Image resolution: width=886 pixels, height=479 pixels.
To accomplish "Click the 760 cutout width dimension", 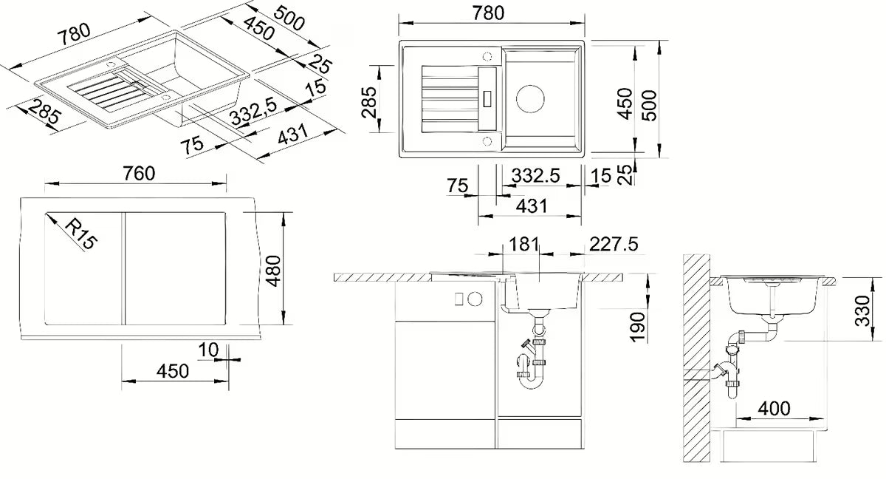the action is click(x=139, y=174).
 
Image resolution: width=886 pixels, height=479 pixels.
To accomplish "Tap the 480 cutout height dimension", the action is click(x=273, y=271).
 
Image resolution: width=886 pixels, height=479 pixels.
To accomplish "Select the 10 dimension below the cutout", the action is click(x=208, y=350).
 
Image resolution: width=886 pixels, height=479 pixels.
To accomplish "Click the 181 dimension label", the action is click(x=524, y=244).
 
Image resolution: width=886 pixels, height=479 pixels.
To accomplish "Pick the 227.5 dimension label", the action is click(x=614, y=244).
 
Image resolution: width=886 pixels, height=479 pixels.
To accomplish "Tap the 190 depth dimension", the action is click(x=638, y=327).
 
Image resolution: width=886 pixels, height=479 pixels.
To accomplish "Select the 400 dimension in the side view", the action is click(x=774, y=408).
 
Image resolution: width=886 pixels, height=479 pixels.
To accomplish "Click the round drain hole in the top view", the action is click(x=530, y=99).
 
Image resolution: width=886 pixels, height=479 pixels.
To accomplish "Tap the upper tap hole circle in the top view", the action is click(x=487, y=56).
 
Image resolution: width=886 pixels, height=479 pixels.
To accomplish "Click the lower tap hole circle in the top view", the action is click(x=487, y=141).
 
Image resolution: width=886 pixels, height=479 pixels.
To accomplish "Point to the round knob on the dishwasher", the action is click(x=475, y=299).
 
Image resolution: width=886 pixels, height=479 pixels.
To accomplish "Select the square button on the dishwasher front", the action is click(x=459, y=299).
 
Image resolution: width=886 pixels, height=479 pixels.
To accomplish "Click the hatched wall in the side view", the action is click(x=696, y=359).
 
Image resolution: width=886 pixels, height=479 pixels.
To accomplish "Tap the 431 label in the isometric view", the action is click(x=292, y=135).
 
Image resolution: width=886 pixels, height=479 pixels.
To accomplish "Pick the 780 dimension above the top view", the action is click(x=488, y=13).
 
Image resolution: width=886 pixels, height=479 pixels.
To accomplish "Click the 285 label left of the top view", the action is click(x=368, y=102).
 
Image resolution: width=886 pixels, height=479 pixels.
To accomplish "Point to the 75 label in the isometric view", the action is click(x=192, y=146).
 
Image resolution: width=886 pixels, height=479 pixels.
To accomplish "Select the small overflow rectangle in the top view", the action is click(x=488, y=99).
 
